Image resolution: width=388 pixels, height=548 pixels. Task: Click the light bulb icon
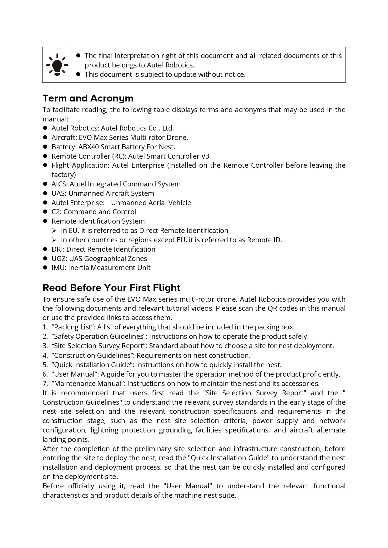(x=57, y=65)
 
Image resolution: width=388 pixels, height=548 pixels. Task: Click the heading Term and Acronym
(x=88, y=98)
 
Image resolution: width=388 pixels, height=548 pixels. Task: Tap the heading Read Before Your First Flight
(x=111, y=288)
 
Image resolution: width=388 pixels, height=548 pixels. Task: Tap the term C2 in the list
(x=56, y=212)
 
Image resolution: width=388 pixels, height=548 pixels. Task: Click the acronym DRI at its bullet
(x=58, y=249)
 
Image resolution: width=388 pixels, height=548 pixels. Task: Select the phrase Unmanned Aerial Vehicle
(x=151, y=203)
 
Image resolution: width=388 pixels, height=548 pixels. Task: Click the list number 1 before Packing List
(x=45, y=327)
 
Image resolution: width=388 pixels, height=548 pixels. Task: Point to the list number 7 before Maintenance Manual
(x=45, y=383)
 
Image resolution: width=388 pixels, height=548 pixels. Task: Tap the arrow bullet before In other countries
(x=54, y=240)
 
